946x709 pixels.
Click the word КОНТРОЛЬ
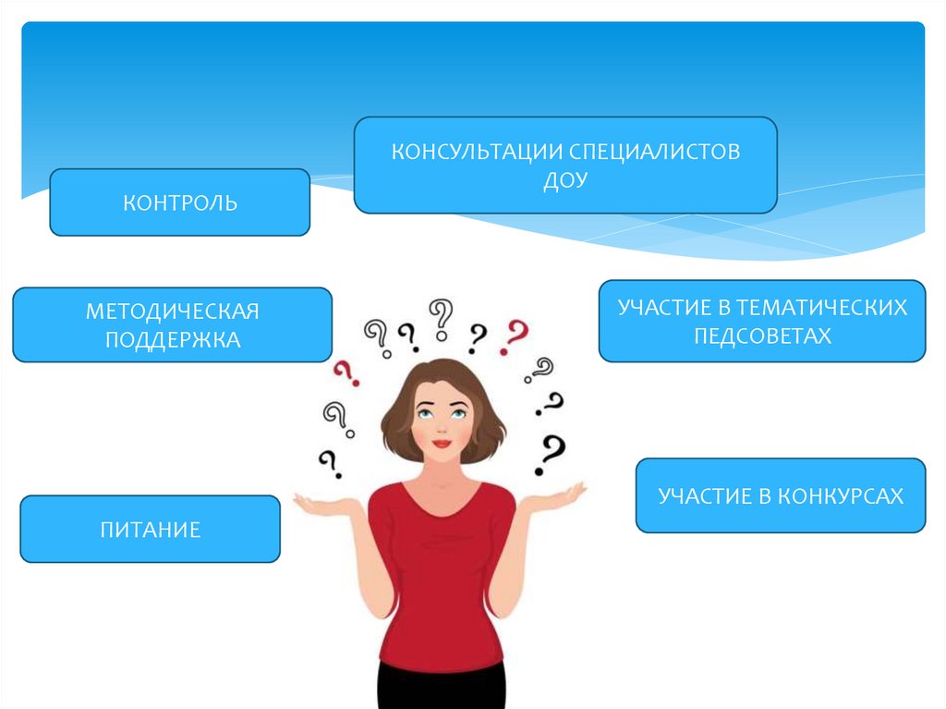coord(180,202)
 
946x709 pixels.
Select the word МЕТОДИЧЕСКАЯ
coord(172,311)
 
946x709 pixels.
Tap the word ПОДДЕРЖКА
coord(172,339)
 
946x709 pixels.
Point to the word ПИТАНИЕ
coord(150,530)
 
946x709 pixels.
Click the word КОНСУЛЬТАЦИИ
coord(476,152)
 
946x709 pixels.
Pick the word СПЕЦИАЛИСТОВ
coord(654,152)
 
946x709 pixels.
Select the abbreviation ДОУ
coord(565,179)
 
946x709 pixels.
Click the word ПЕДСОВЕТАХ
coord(762,336)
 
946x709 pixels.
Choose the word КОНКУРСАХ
coord(839,496)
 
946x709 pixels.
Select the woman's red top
coord(441,573)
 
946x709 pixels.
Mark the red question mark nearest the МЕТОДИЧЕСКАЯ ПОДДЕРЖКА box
coord(346,373)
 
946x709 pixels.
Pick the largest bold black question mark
coord(552,454)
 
